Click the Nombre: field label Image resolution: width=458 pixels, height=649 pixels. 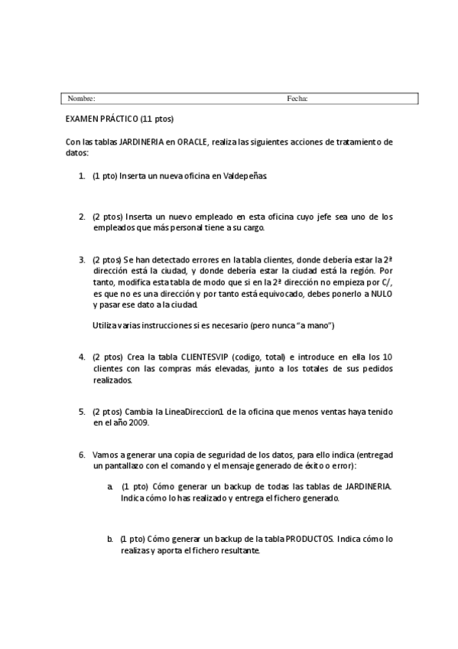[81, 99]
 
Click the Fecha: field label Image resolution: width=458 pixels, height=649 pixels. [297, 99]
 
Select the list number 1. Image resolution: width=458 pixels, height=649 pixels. [82, 176]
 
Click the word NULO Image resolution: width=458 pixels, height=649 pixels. [378, 295]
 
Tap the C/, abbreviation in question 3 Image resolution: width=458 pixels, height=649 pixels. [385, 282]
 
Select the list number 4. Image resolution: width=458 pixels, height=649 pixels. [82, 357]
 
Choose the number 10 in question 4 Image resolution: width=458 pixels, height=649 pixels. [388, 357]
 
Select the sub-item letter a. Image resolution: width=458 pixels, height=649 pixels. [111, 487]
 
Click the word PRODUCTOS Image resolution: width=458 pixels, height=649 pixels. [309, 539]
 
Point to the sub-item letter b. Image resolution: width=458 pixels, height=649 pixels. [111, 539]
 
